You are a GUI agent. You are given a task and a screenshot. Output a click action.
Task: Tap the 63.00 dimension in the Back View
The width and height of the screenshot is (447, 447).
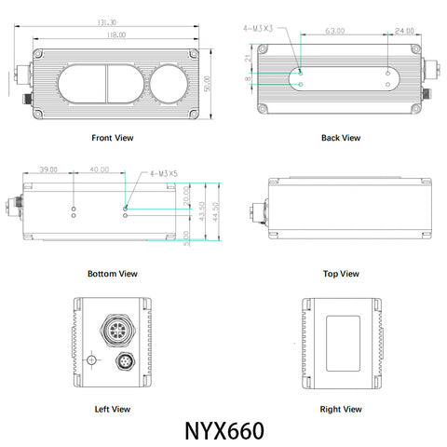click(x=335, y=31)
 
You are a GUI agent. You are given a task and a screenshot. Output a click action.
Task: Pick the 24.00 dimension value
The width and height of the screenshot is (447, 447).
click(x=404, y=31)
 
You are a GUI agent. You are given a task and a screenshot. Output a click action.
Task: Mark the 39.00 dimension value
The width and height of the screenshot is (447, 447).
click(x=48, y=170)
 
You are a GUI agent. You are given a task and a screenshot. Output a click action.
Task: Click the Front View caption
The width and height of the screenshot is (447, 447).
click(x=112, y=138)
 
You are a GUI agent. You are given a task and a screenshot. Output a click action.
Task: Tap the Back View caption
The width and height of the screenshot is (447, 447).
click(x=340, y=138)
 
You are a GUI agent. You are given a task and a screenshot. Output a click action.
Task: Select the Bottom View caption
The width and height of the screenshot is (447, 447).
click(x=112, y=274)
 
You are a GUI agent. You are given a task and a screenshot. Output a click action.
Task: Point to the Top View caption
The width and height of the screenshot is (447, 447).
click(x=340, y=274)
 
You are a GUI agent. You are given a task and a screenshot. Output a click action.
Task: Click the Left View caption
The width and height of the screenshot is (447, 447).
click(x=112, y=409)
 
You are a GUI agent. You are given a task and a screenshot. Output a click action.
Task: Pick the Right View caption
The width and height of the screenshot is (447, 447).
click(x=340, y=409)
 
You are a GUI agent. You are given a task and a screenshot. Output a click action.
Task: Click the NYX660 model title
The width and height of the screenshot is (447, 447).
click(x=224, y=432)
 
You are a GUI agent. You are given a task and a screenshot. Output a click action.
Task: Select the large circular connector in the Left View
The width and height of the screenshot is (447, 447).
click(x=118, y=332)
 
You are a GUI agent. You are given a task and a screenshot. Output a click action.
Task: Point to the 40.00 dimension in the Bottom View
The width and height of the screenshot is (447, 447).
click(x=100, y=170)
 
